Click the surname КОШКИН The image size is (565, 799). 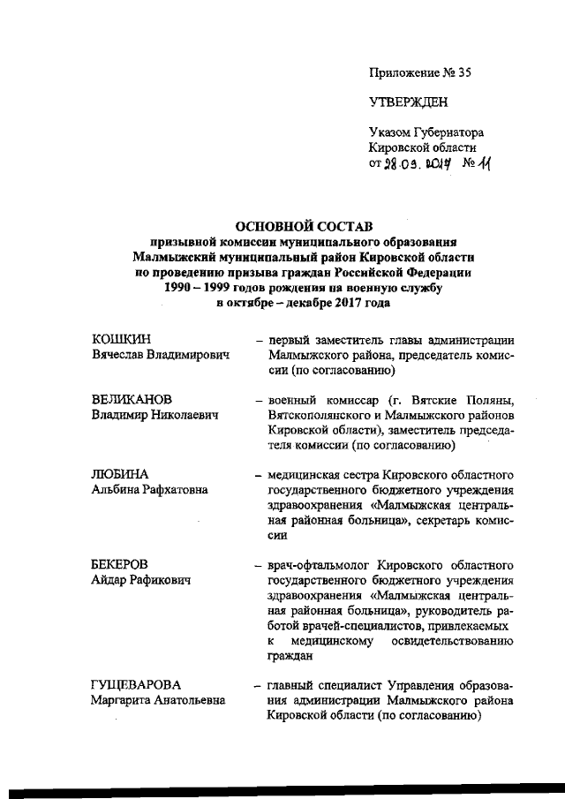click(x=123, y=340)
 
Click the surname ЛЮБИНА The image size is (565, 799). click(x=121, y=475)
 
